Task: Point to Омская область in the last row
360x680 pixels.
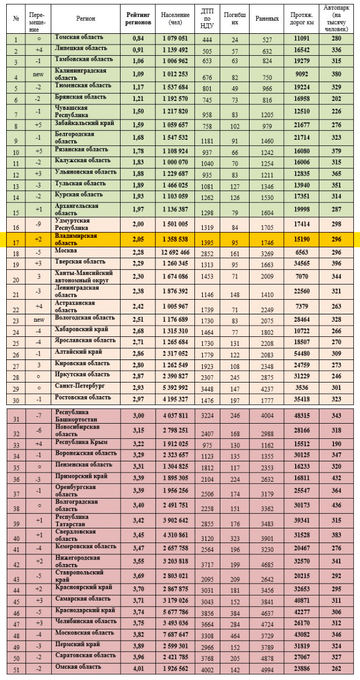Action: [78, 667]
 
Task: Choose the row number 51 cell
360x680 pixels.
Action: [16, 669]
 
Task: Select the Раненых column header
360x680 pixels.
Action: [267, 19]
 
